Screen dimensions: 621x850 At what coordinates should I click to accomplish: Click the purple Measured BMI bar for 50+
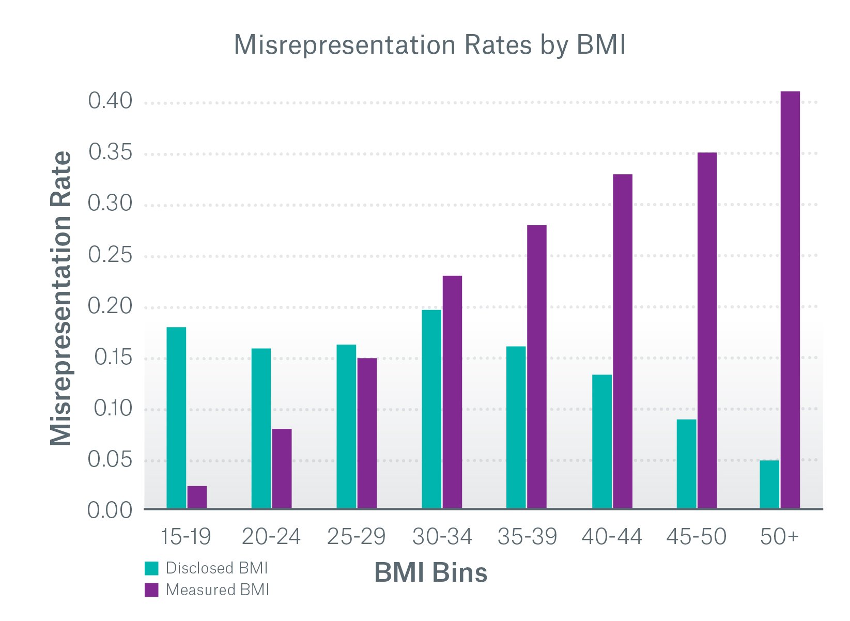790,300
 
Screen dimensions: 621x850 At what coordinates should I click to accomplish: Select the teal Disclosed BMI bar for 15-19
176,417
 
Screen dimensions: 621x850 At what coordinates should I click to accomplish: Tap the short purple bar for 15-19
197,497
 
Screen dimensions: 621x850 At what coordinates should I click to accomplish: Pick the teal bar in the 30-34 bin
431,409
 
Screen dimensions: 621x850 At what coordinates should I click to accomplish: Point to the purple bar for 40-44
623,341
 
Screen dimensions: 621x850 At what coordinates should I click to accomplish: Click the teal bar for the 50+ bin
769,484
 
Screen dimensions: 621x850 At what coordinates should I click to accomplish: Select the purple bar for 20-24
282,469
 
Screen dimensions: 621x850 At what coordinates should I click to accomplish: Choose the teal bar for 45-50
686,463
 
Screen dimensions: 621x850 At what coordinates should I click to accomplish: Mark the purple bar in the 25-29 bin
367,433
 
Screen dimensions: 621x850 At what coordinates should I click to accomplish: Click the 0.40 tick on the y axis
110,101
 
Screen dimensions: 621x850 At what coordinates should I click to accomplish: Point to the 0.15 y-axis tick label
113,357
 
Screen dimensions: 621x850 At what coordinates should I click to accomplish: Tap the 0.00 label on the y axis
110,510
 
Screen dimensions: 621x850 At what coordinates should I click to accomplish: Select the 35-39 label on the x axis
527,537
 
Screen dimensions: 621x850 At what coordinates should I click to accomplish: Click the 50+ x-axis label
779,537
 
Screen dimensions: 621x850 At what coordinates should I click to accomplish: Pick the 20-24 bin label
271,537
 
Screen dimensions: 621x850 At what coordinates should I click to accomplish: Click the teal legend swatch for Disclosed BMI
151,568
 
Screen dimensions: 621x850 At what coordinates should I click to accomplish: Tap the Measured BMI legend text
218,590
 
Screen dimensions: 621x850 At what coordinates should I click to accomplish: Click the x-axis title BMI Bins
430,572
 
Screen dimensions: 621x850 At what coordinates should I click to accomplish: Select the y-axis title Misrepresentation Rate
61,298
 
